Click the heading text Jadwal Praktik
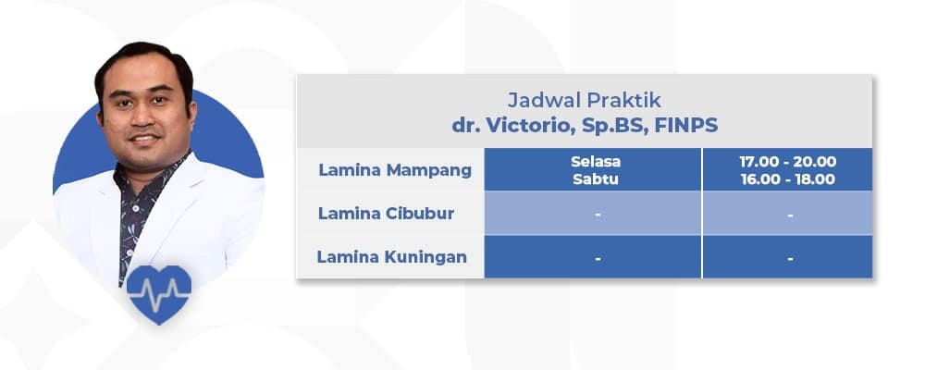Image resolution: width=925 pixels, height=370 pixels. pyautogui.click(x=585, y=99)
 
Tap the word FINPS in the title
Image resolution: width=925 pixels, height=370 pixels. pyautogui.click(x=685, y=125)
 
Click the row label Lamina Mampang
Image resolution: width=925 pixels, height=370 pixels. pyautogui.click(x=395, y=170)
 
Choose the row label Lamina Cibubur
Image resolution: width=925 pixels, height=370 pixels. pyautogui.click(x=389, y=214)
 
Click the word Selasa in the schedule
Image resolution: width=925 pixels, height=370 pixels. pyautogui.click(x=596, y=162)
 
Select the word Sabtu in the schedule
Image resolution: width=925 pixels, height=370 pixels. pyautogui.click(x=596, y=179)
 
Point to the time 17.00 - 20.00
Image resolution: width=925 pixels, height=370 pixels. pyautogui.click(x=787, y=162)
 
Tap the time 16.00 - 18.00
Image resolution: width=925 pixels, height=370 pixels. pyautogui.click(x=787, y=179)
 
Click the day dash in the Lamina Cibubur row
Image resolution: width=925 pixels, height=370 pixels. pyautogui.click(x=598, y=215)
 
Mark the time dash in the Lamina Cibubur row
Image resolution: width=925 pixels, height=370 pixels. pyautogui.click(x=790, y=215)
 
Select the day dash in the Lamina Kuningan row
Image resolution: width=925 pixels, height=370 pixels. pyautogui.click(x=598, y=258)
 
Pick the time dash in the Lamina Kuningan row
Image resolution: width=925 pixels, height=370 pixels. pyautogui.click(x=790, y=258)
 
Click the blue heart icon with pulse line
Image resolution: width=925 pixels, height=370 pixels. pyautogui.click(x=158, y=292)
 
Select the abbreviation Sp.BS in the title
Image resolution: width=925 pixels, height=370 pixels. pyautogui.click(x=603, y=125)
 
